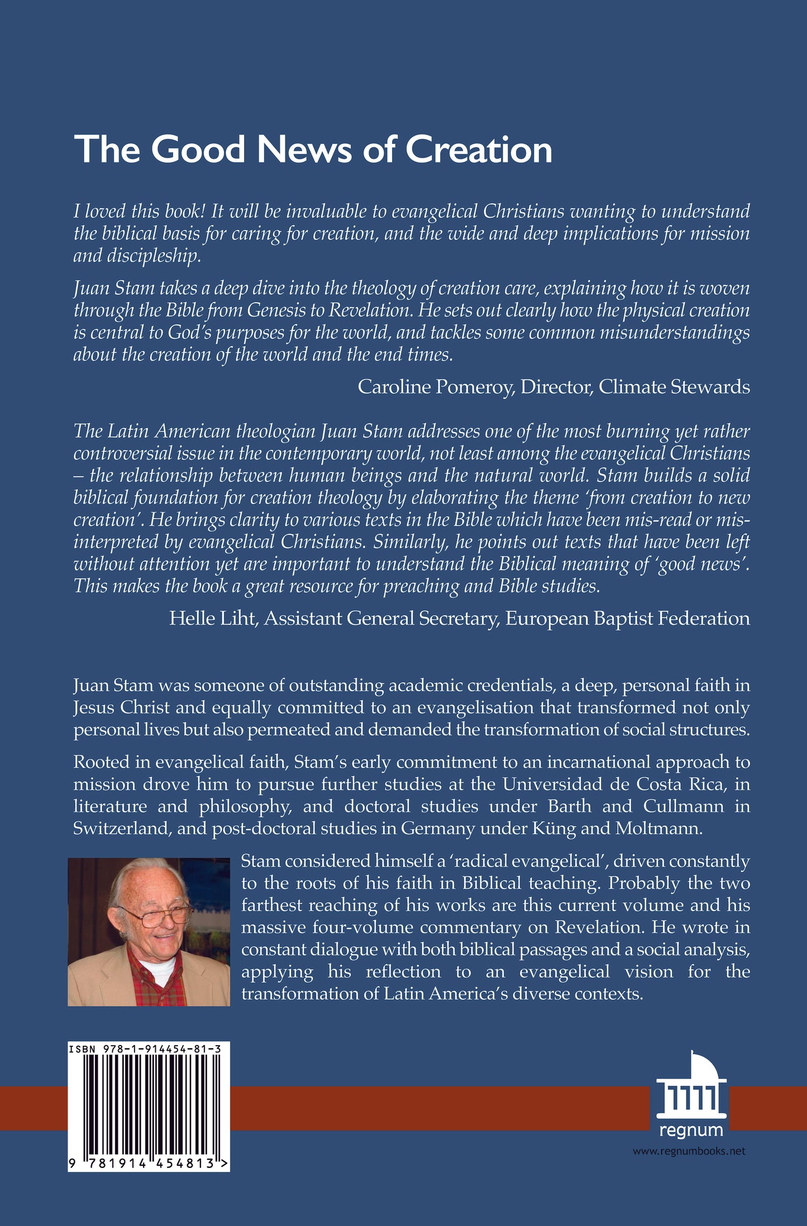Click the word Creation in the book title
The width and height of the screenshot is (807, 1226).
pyautogui.click(x=479, y=150)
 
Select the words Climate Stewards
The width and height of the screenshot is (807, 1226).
pyautogui.click(x=674, y=387)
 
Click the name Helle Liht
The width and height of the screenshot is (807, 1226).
pyautogui.click(x=212, y=619)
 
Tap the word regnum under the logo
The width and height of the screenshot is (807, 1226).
pyautogui.click(x=691, y=1131)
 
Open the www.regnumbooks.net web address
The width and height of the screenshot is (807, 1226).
pyautogui.click(x=689, y=1151)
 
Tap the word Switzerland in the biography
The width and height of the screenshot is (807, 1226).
pyautogui.click(x=121, y=828)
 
